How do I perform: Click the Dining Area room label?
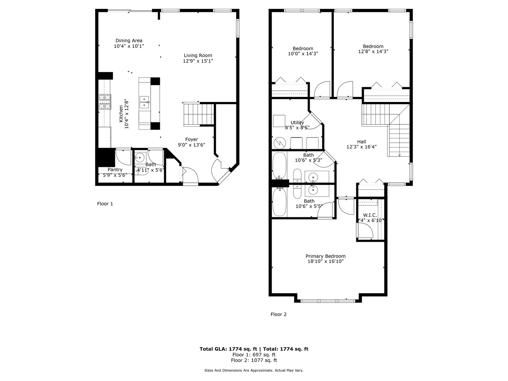[x=129, y=41]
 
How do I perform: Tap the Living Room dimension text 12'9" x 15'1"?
[x=198, y=61]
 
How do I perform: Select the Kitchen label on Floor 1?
[x=121, y=114]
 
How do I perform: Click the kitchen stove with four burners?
[x=105, y=102]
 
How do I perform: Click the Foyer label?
[x=192, y=139]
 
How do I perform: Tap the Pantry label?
[x=115, y=170]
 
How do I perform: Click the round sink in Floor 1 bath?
[x=140, y=157]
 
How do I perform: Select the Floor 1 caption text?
[x=105, y=204]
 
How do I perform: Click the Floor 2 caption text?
[x=278, y=314]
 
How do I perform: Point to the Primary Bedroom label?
[x=325, y=256]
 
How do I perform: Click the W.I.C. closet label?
[x=370, y=215]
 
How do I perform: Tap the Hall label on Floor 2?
[x=361, y=142]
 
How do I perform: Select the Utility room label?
[x=297, y=123]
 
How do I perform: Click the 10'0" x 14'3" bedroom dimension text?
[x=303, y=54]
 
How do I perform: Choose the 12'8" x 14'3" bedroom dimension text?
[x=373, y=51]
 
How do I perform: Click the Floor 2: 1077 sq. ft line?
[x=254, y=360]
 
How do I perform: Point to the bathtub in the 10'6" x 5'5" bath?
[x=279, y=202]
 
